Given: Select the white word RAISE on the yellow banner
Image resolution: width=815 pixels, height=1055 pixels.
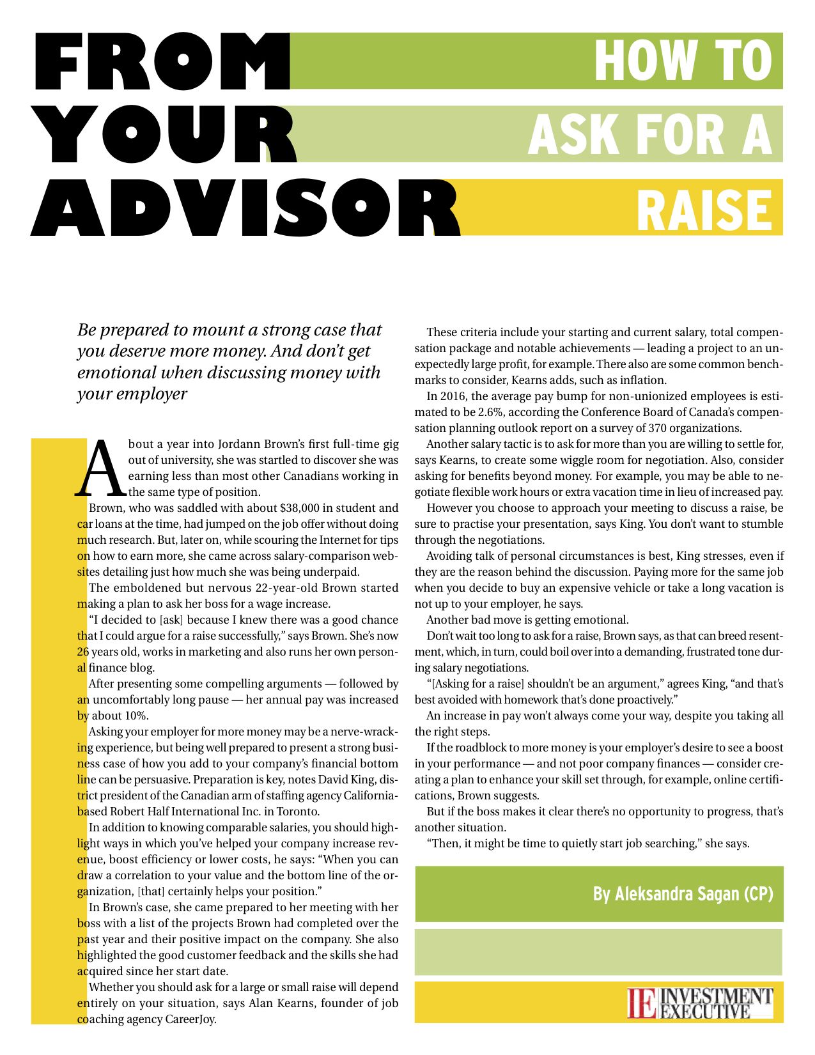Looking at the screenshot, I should [704, 210].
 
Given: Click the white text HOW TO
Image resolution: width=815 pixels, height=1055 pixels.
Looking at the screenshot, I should [683, 61].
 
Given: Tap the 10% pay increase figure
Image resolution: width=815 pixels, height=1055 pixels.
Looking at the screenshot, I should [136, 716].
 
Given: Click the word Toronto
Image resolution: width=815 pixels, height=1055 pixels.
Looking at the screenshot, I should [296, 812].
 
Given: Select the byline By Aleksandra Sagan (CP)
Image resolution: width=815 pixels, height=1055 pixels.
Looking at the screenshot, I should [683, 893].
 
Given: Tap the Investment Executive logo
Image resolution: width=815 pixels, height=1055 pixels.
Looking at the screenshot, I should [700, 1003].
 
